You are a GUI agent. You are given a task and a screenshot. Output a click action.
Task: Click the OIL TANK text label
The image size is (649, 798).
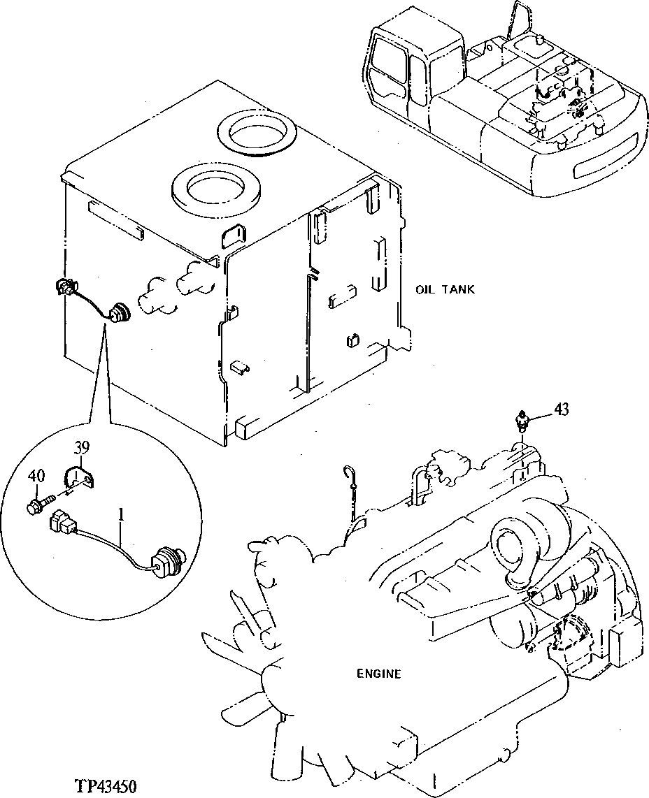[445, 289]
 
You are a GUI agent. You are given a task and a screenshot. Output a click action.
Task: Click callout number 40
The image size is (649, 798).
[36, 476]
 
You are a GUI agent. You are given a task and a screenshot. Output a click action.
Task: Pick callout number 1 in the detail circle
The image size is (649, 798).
[121, 515]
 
